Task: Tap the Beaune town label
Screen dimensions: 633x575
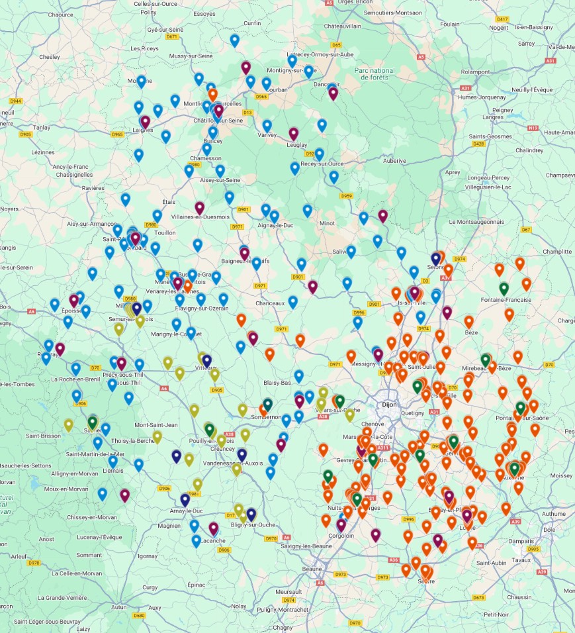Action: (x=312, y=569)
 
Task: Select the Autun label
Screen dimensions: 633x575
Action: (x=119, y=607)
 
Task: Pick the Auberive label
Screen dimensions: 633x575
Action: (x=394, y=160)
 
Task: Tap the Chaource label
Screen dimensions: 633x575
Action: (x=61, y=14)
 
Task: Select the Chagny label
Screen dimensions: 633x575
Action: (x=283, y=627)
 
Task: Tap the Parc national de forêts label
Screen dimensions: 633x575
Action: (x=374, y=74)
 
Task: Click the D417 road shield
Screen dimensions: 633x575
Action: (x=502, y=19)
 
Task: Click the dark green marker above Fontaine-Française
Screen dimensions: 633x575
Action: (x=504, y=288)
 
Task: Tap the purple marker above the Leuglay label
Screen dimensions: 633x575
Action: (x=294, y=133)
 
